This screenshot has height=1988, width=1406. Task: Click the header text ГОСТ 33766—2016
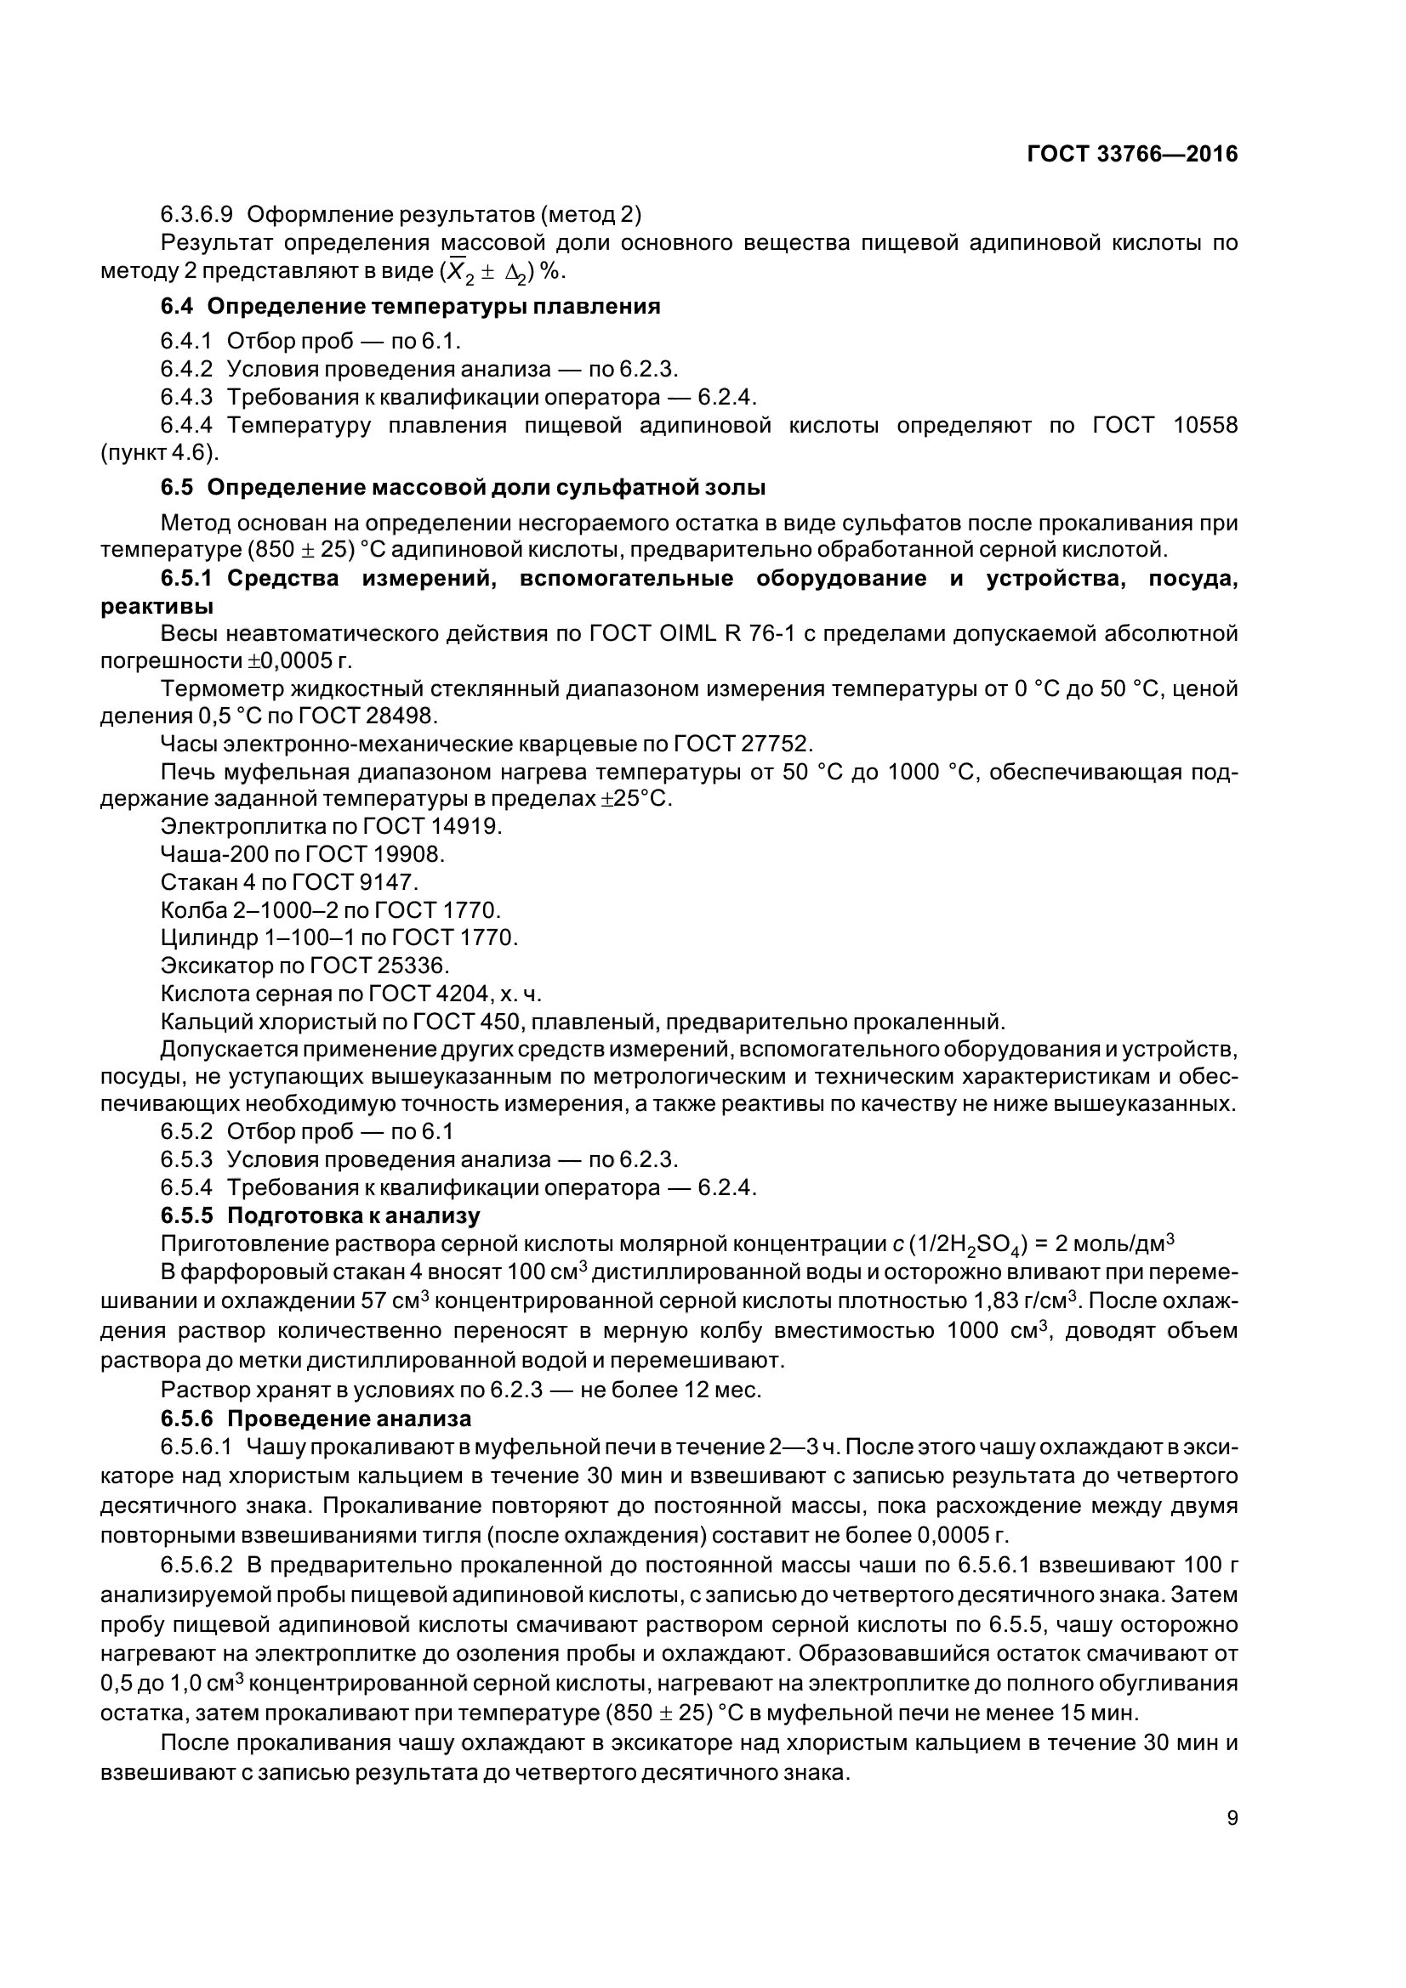[x=1131, y=154]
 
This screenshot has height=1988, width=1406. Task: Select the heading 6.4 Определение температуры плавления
[x=410, y=307]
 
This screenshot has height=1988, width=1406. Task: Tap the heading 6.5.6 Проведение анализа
[x=316, y=1419]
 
